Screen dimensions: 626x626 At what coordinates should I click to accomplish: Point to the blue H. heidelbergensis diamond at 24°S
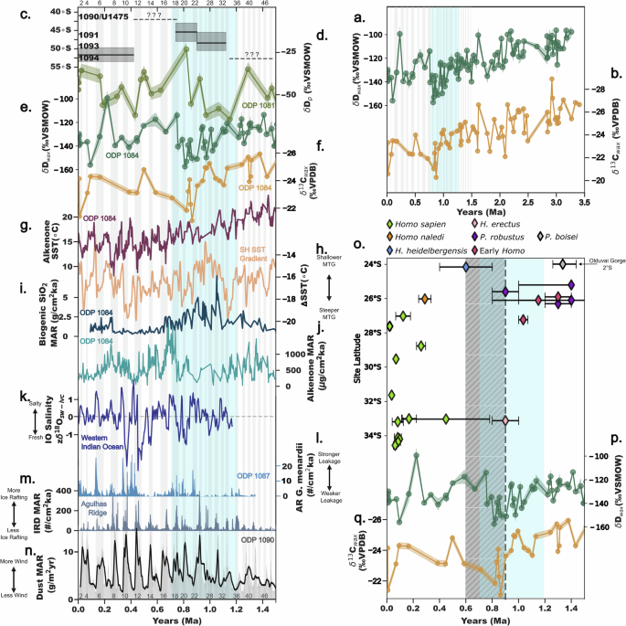click(466, 267)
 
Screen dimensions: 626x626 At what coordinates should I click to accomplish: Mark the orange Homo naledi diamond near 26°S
click(425, 299)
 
